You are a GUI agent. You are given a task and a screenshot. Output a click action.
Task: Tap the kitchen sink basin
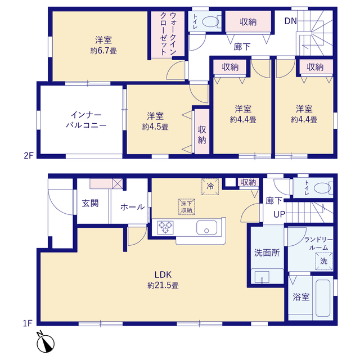206,227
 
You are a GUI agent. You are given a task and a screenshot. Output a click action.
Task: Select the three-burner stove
165,227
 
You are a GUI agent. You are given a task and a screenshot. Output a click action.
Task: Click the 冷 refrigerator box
210,187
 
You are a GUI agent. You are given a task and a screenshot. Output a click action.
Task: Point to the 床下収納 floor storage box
187,206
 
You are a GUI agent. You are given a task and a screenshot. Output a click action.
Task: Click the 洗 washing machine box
324,261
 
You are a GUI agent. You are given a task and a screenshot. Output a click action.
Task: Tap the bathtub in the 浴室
323,298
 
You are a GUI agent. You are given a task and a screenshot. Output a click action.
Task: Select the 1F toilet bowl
322,188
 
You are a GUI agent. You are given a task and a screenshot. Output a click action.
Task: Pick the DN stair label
290,21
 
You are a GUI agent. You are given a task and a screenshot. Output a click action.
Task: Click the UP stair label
280,214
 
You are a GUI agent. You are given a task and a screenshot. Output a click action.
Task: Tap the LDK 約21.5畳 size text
163,280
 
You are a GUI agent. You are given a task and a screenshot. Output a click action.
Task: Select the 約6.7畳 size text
103,51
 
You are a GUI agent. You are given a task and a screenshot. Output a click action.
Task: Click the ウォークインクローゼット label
168,34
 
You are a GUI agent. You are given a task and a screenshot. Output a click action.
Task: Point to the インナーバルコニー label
86,120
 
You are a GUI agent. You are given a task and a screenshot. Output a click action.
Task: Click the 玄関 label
90,203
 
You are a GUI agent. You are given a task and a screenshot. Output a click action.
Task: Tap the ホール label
132,207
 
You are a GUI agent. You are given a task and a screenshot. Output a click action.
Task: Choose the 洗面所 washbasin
262,277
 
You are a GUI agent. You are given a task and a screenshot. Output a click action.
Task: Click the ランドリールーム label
318,244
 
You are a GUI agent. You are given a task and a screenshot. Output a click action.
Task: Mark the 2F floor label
29,156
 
